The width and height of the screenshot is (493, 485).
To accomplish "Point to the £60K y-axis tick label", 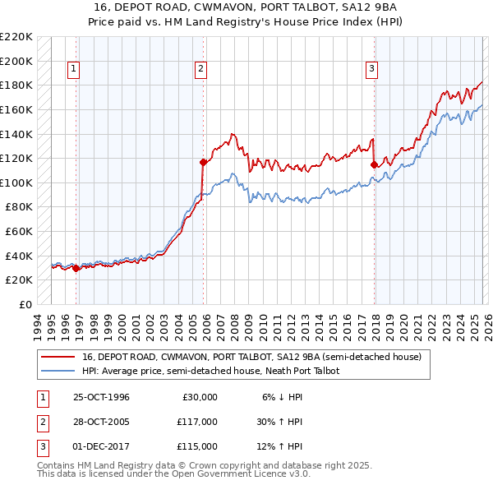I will [19, 232].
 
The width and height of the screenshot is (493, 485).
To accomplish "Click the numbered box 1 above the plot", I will [74, 69].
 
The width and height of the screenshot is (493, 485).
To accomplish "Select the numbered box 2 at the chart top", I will [200, 69].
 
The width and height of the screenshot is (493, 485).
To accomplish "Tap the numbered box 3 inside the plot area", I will [371, 69].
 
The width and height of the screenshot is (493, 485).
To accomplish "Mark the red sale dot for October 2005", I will [203, 162].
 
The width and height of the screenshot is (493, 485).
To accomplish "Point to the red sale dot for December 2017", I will [374, 164].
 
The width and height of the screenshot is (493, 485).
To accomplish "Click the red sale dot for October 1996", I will [76, 268].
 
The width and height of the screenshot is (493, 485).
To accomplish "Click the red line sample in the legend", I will [58, 358].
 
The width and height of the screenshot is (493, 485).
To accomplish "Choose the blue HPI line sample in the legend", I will [58, 372].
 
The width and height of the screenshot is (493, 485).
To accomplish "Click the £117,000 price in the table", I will [197, 422].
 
